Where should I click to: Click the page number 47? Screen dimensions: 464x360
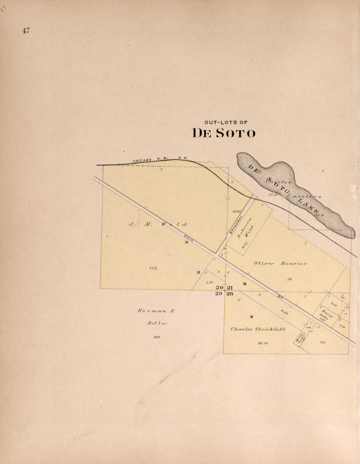[26, 31]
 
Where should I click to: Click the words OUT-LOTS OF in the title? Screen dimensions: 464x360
[226, 122]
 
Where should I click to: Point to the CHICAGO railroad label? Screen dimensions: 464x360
[142, 160]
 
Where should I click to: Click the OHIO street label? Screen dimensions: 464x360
[189, 239]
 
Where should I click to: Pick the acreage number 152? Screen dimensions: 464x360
[153, 268]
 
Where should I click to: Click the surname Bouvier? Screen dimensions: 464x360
[294, 263]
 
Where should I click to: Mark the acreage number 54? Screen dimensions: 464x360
[289, 279]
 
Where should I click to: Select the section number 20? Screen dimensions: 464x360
[220, 287]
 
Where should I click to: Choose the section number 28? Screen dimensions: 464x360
[230, 294]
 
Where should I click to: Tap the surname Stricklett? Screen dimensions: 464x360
[269, 329]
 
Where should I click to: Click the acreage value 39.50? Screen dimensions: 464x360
[262, 343]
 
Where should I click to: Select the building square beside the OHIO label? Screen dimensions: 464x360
[187, 242]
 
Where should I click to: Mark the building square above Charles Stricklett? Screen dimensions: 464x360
[251, 316]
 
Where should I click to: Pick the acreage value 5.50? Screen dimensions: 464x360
[209, 282]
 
